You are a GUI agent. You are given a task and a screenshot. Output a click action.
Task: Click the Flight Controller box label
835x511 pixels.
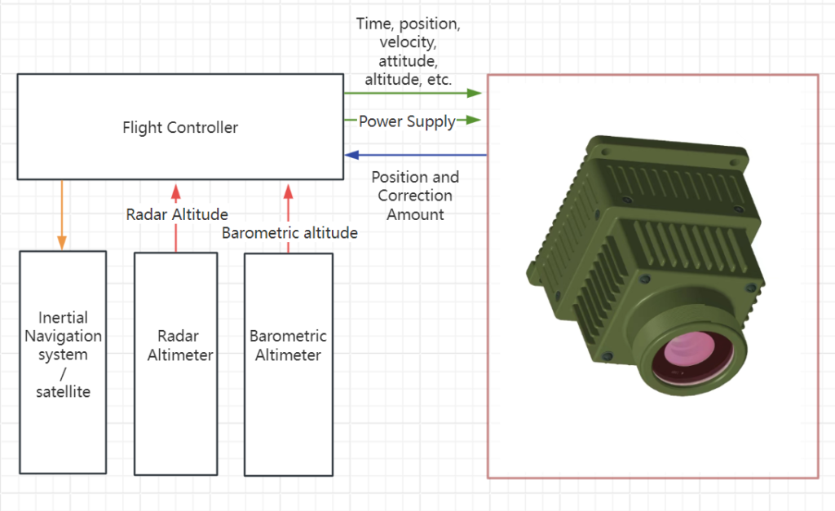[180, 127]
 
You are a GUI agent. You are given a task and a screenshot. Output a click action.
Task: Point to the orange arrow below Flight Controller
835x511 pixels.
[62, 214]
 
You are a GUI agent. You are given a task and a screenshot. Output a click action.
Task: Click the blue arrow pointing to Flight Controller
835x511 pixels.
[415, 154]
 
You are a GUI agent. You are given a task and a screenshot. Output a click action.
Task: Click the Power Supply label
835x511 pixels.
[407, 121]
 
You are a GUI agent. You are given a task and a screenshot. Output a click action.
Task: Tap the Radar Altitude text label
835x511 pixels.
[177, 214]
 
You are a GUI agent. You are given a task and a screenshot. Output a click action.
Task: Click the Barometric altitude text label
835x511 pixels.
[289, 233]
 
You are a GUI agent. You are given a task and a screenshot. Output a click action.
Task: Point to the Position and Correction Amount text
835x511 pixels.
[415, 196]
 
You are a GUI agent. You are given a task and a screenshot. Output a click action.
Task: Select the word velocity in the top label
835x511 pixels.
[408, 43]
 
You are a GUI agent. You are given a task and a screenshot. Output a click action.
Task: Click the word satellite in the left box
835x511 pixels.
[63, 392]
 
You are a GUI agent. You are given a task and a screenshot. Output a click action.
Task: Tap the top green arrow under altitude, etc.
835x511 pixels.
[413, 93]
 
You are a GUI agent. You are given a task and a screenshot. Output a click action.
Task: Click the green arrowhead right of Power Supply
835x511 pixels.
[473, 121]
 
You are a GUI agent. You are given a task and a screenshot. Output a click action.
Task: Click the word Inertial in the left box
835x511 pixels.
[63, 317]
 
